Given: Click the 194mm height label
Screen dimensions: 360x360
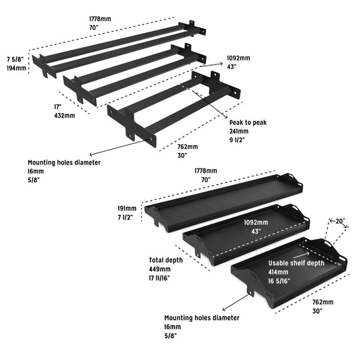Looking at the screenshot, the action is pos(16,69).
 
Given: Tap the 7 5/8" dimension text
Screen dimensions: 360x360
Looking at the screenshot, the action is pos(15,60).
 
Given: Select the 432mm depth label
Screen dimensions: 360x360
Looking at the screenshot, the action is pos(64,116).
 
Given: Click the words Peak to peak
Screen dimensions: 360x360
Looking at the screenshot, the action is pos(248,123).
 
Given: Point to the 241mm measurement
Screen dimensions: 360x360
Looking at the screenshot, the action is pos(239,132).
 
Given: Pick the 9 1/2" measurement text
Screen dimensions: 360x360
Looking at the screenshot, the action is pos(237,140).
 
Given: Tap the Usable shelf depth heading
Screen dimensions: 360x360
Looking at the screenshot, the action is pos(296,263).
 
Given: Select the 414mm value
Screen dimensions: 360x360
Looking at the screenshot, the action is pos(278,272).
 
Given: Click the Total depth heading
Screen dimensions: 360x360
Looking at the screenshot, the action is pos(166,260).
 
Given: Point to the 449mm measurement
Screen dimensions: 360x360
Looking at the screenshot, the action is pos(160,269).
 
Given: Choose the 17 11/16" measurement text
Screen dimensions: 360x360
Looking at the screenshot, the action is pos(159,278).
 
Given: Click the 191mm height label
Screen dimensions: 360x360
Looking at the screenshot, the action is pos(127,208).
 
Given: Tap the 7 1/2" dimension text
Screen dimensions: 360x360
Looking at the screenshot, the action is pos(126,217).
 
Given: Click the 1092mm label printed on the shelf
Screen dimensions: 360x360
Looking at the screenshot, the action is pos(256,222).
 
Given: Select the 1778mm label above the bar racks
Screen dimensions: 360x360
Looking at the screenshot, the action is pos(100,19).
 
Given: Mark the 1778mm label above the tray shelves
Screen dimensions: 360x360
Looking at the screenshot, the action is pos(206,171).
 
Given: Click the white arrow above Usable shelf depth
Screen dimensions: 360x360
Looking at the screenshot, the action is pos(301,255).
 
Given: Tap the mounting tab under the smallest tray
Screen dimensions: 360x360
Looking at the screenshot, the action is pos(251,289).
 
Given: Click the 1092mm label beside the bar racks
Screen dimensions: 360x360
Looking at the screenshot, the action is pos(238,58).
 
